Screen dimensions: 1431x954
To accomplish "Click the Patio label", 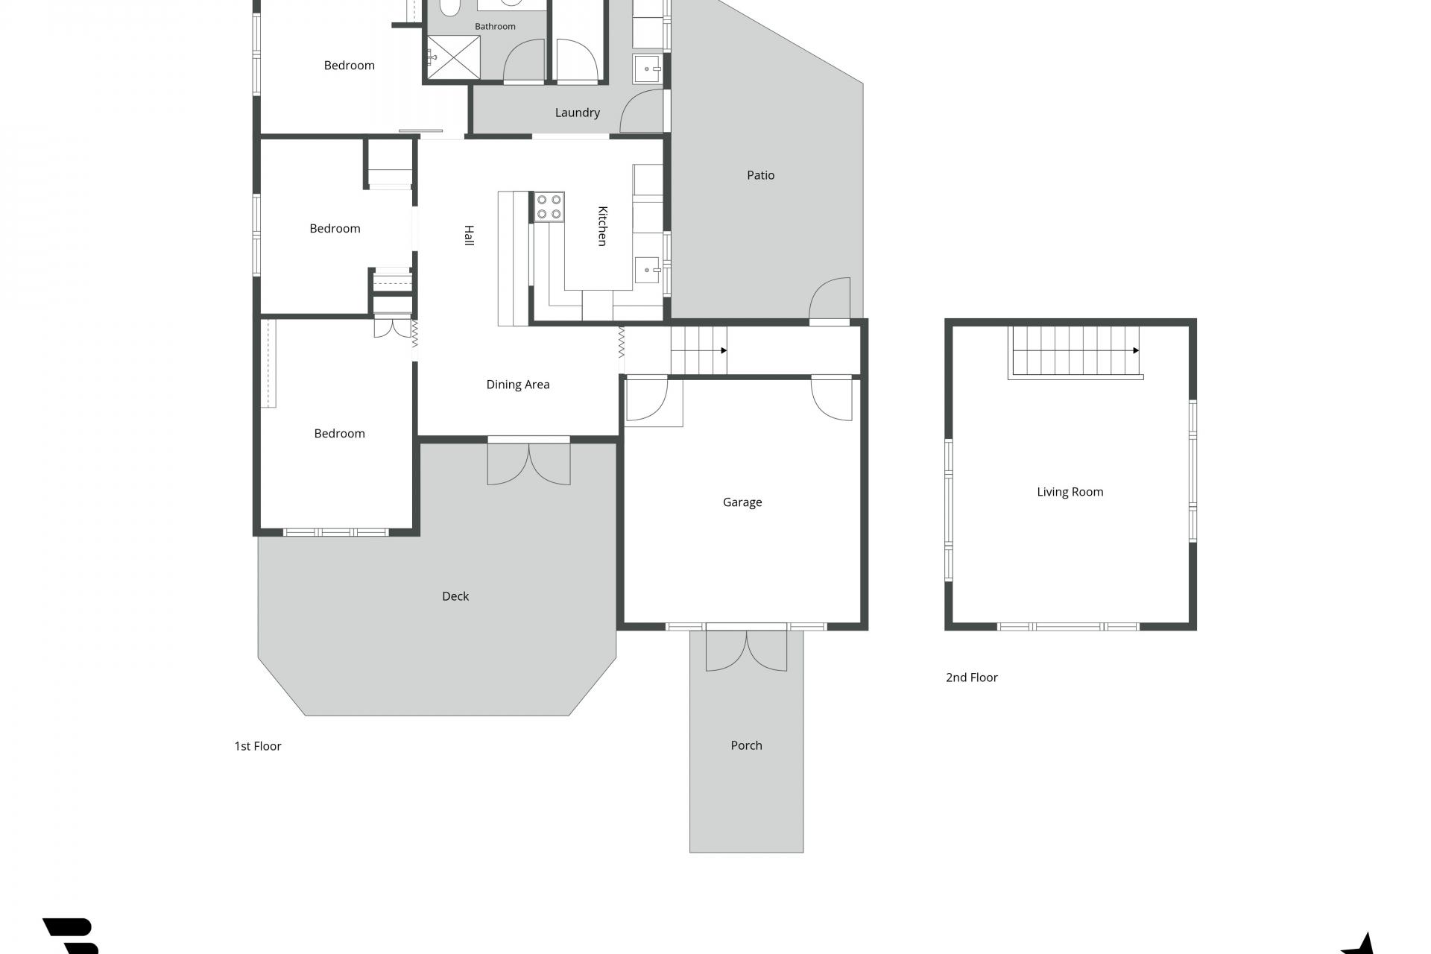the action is pyautogui.click(x=760, y=175).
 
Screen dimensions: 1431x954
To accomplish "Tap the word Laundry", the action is pyautogui.click(x=577, y=113).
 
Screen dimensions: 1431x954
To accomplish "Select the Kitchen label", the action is pyautogui.click(x=603, y=226).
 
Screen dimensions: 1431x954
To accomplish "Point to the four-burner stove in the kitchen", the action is pyautogui.click(x=549, y=207).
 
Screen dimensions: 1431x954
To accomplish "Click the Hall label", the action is pyautogui.click(x=470, y=236).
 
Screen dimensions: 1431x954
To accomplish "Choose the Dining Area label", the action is pyautogui.click(x=518, y=385).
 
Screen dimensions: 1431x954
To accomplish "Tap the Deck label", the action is pyautogui.click(x=455, y=596).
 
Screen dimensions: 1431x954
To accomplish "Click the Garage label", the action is pyautogui.click(x=742, y=502).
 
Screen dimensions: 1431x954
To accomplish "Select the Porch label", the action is pyautogui.click(x=746, y=745).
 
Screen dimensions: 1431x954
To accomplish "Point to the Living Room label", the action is pyautogui.click(x=1070, y=492).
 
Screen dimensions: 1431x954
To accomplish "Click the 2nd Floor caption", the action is pyautogui.click(x=972, y=677).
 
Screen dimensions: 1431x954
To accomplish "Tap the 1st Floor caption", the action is pyautogui.click(x=258, y=746).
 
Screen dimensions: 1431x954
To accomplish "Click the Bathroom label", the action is pyautogui.click(x=495, y=26).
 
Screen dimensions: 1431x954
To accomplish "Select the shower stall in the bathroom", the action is pyautogui.click(x=453, y=57).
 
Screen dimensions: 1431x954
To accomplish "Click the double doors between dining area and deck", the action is pyautogui.click(x=528, y=461).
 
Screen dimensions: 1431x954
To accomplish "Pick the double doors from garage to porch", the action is pyautogui.click(x=746, y=648).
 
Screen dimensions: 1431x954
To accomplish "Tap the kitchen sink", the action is pyautogui.click(x=647, y=270).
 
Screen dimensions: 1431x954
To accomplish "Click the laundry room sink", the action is pyautogui.click(x=646, y=69).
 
